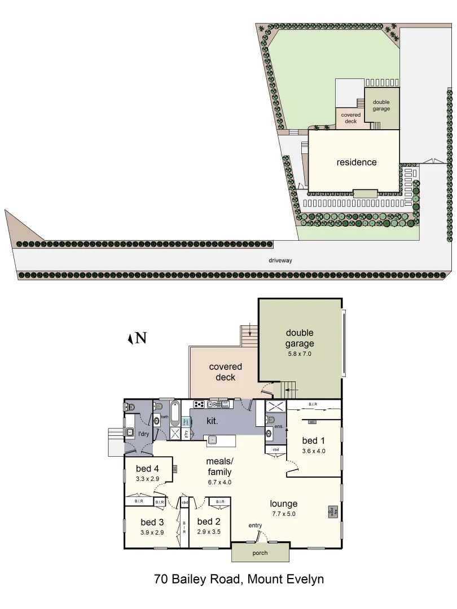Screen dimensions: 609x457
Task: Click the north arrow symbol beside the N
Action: [130, 338]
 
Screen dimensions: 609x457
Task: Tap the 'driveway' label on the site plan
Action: [280, 261]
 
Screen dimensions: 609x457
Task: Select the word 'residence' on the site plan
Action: [356, 162]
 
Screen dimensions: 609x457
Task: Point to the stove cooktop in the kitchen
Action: [199, 404]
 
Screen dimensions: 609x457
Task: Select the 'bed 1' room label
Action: [314, 440]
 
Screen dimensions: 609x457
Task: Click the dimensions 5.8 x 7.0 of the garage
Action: [299, 354]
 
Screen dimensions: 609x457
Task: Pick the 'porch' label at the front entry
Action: [260, 553]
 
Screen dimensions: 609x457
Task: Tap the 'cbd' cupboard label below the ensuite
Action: [275, 449]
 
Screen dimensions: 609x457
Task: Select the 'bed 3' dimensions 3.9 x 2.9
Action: [152, 532]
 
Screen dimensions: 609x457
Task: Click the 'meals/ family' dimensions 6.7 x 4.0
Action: [219, 482]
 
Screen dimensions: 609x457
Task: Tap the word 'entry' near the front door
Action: [255, 526]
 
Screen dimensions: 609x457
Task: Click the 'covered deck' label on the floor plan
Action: [225, 372]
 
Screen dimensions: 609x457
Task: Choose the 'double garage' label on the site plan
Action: [381, 105]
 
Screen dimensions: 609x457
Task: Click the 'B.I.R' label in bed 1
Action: [313, 404]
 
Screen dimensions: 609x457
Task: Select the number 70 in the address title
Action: [161, 579]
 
